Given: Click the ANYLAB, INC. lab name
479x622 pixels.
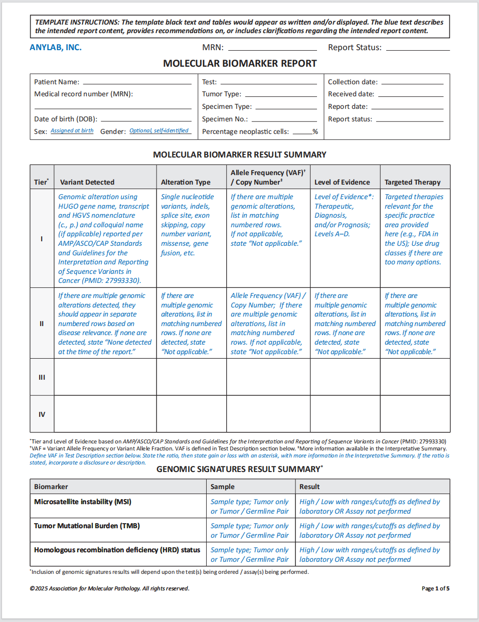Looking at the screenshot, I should coord(55,48).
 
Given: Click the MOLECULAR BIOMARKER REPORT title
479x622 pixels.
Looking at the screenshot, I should coord(240,64).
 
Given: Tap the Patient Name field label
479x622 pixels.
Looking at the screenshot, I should coord(56,82).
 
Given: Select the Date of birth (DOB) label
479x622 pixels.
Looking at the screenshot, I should coord(65,119).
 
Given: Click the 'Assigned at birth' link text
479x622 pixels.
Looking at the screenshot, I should coord(72,131).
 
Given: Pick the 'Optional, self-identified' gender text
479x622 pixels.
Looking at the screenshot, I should coord(159,131).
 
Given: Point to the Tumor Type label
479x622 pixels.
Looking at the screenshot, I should coord(221,94).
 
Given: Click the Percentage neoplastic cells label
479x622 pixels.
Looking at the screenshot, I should coord(245,131).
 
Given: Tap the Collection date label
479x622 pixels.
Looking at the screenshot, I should coord(353,82).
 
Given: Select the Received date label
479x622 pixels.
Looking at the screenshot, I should coord(351,94).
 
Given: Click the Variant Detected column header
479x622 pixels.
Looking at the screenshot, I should coord(87,182).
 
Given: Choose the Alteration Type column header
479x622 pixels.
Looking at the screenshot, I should coord(186,182).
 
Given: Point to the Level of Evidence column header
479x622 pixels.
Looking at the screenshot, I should coord(342,182).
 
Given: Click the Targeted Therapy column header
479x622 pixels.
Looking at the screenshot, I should coord(412,182).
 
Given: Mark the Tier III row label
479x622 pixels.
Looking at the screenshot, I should coord(42,377).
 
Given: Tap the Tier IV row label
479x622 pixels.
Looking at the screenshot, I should coord(42,414).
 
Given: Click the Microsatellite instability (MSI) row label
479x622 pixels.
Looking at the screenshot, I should coord(82,502).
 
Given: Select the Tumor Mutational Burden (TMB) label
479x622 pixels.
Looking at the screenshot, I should coord(87,526).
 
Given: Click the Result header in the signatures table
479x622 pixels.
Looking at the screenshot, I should coord(309,487).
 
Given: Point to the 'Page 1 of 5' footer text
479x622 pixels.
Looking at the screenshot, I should coord(435,588).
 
